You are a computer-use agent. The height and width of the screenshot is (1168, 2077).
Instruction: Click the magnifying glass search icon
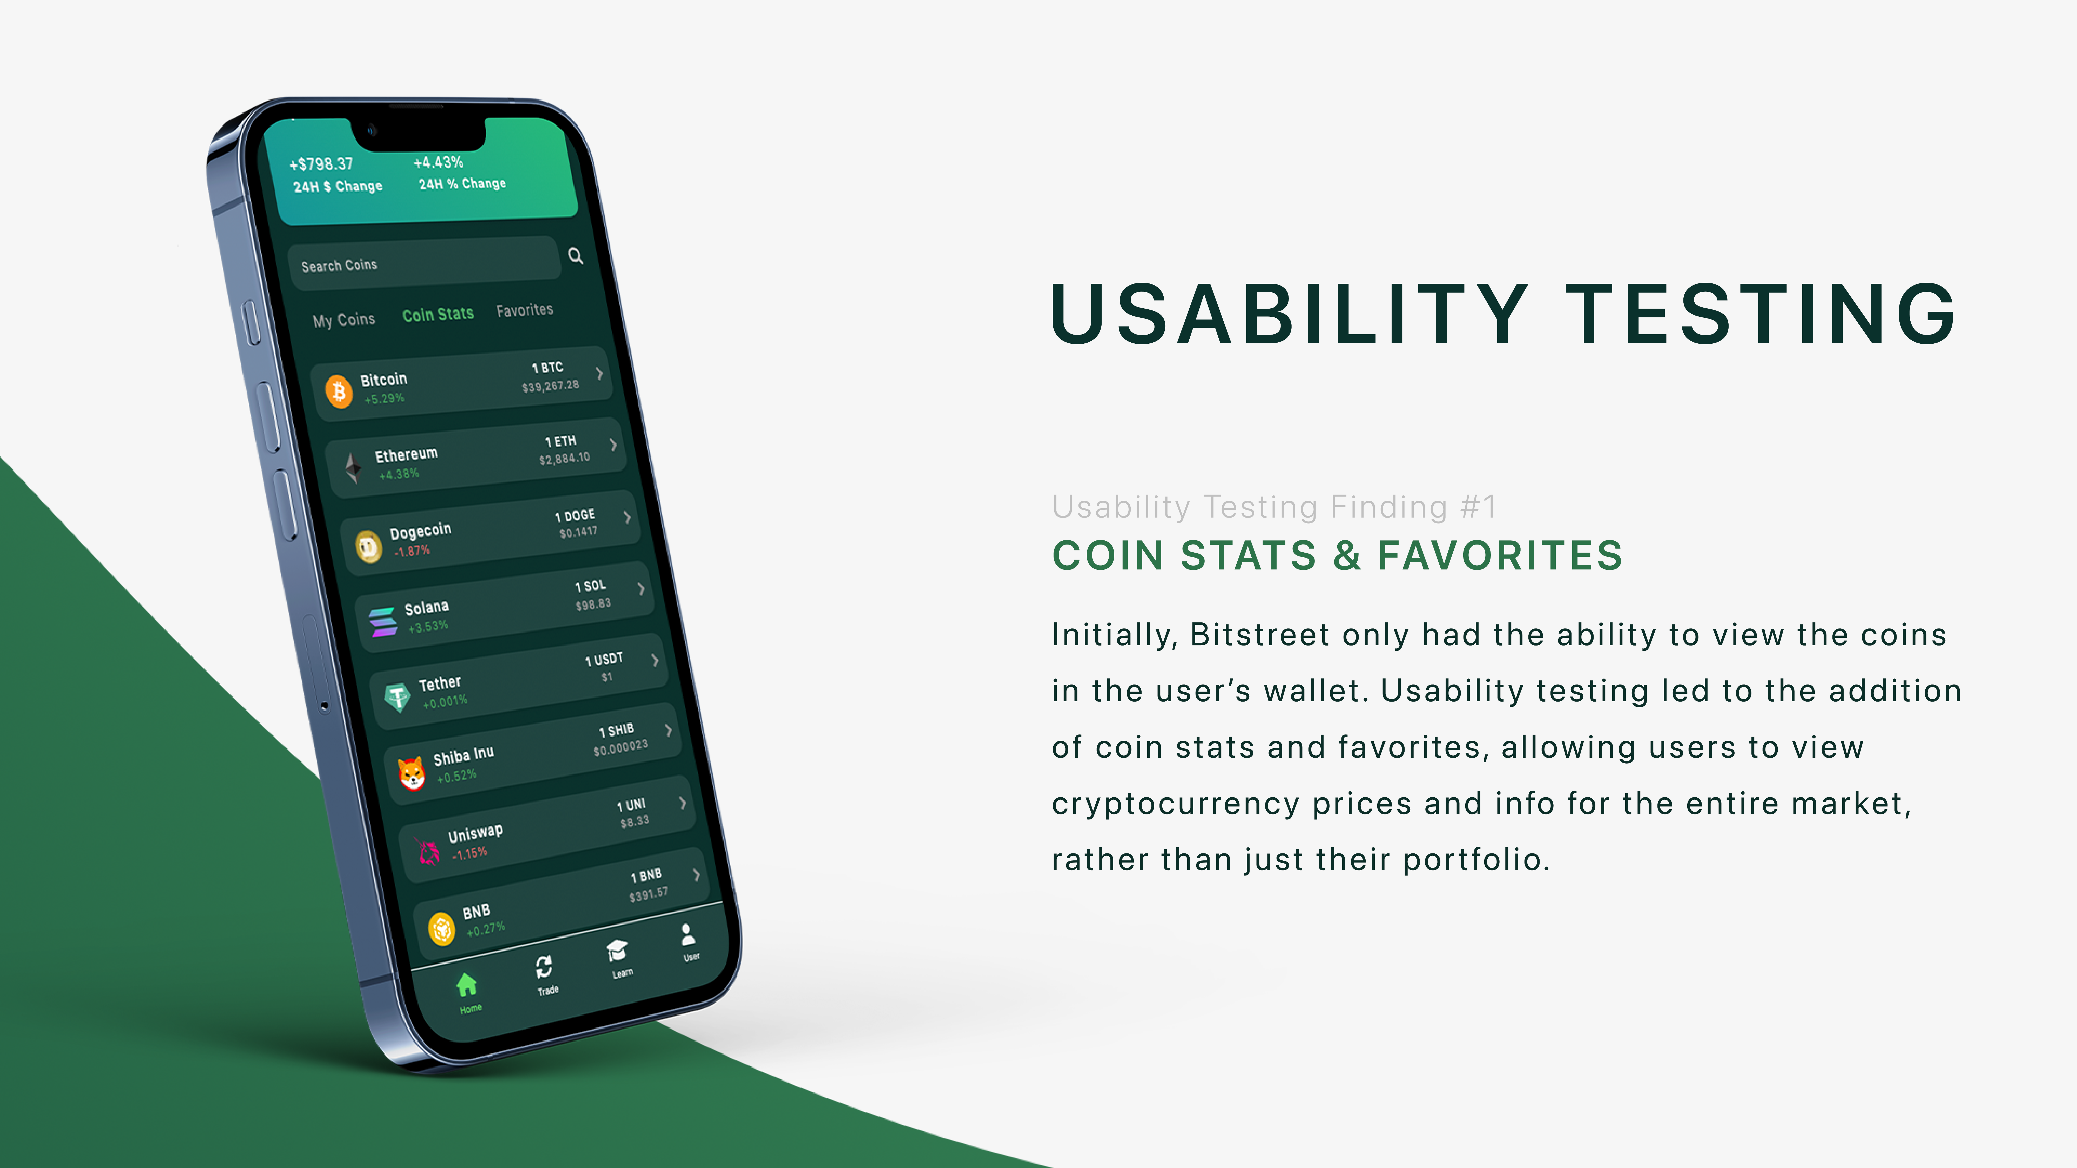(x=576, y=255)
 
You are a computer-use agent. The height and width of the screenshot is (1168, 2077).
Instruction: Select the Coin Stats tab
(x=438, y=314)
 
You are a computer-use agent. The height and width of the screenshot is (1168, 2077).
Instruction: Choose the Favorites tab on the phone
(x=524, y=310)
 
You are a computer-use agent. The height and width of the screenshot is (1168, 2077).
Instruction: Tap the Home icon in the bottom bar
(x=467, y=984)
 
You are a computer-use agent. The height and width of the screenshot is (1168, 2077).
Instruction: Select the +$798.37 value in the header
(x=321, y=164)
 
